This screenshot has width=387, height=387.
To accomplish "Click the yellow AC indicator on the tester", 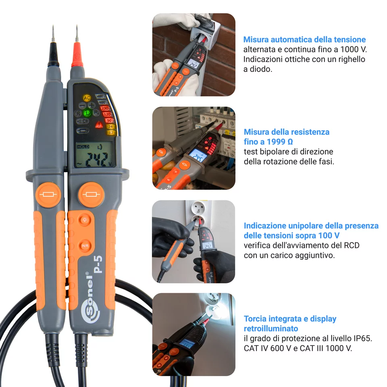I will [x=87, y=98].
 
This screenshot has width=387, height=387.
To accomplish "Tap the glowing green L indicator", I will [x=87, y=114].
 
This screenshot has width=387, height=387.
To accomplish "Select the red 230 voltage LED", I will [x=105, y=108].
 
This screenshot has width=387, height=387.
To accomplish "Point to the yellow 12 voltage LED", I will [x=110, y=132].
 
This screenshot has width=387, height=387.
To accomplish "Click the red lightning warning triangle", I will [x=98, y=125].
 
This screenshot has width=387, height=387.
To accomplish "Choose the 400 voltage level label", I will [x=102, y=102].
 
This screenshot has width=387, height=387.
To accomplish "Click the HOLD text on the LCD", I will [x=83, y=147].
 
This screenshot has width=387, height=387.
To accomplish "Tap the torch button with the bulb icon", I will [x=85, y=220].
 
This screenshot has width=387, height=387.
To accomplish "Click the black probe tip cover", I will [x=53, y=59].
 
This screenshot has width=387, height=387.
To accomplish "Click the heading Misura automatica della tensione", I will [x=304, y=40].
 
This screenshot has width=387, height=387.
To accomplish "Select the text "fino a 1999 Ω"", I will [x=268, y=142].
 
